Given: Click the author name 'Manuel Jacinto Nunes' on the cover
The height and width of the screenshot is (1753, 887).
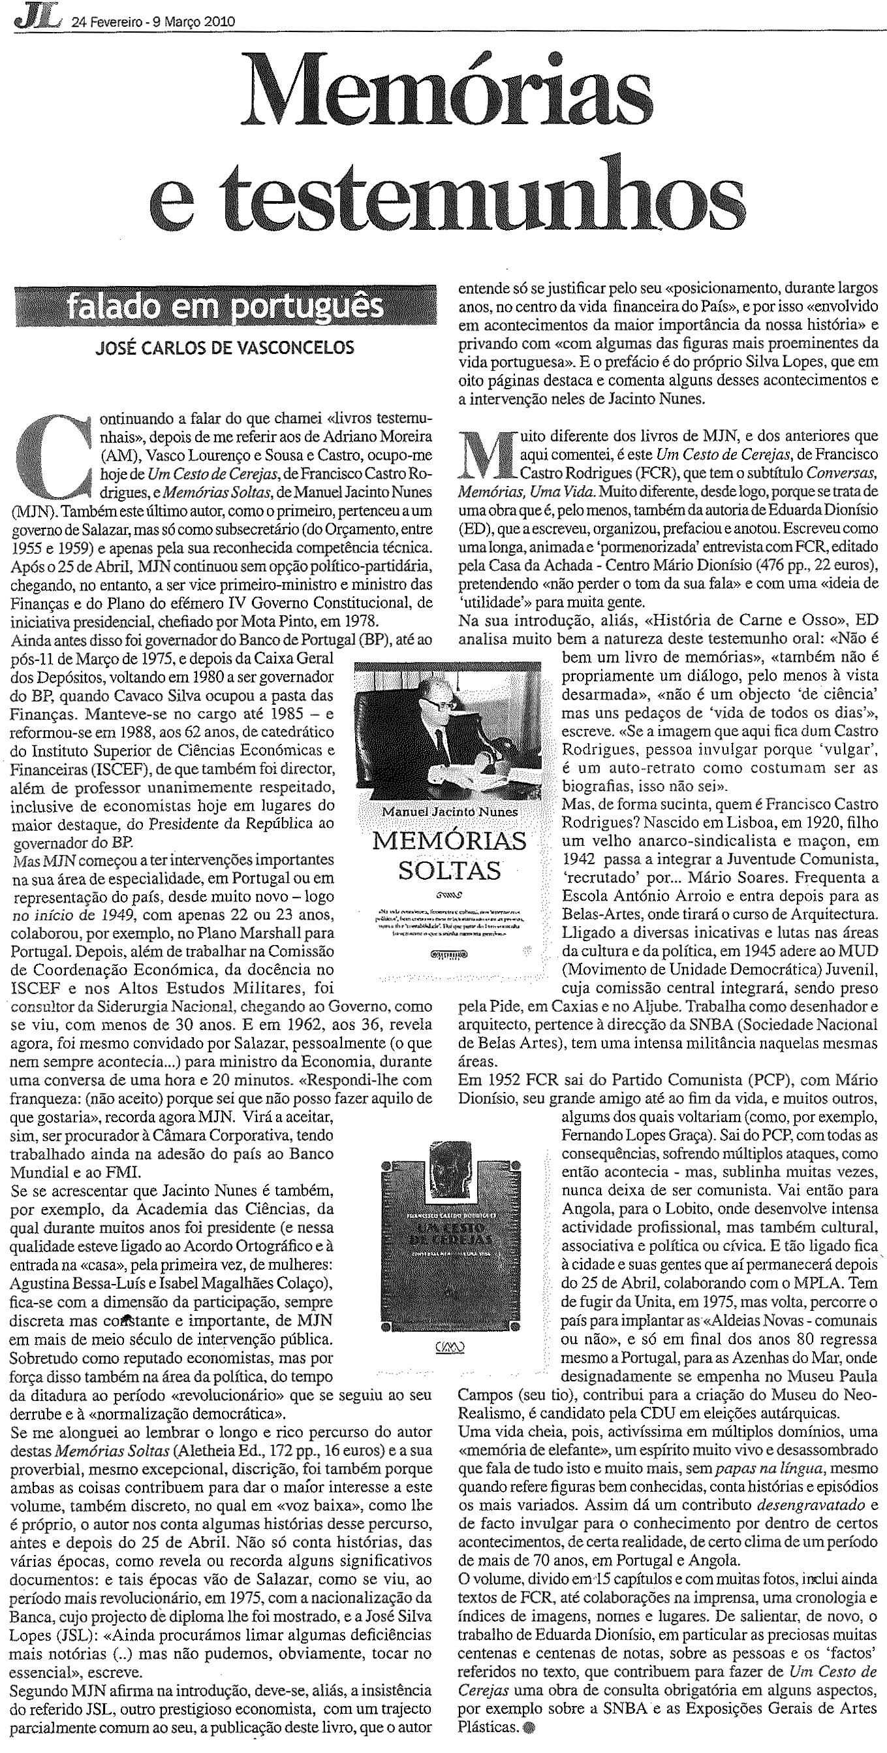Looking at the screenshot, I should point(450,811).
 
